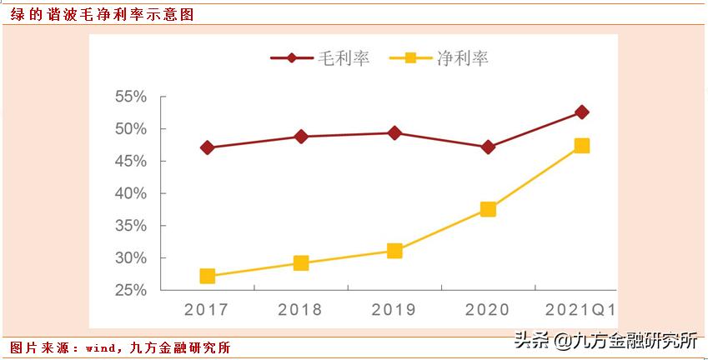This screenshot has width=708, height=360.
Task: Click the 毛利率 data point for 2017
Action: tap(208, 147)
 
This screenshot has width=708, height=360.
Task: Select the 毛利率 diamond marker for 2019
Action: tap(394, 132)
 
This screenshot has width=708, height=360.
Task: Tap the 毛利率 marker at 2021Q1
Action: tap(582, 112)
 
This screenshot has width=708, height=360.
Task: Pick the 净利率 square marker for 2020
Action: tap(488, 209)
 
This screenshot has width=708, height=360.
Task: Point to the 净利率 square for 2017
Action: tap(208, 276)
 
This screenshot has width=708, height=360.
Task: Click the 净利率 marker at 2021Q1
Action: tap(582, 146)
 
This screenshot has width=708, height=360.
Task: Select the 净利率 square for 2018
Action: tap(301, 263)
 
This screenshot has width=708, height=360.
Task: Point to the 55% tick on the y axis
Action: tap(130, 97)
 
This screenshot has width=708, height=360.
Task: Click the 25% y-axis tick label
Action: tap(130, 291)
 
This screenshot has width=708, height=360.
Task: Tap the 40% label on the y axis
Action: tap(130, 194)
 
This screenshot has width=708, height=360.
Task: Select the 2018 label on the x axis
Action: tap(300, 310)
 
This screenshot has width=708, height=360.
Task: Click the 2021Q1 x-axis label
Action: tap(581, 310)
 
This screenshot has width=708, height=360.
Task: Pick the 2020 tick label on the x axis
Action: tap(487, 310)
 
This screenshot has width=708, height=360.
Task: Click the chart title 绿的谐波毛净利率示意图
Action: tap(103, 15)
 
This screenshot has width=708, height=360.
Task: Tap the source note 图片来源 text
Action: tap(120, 347)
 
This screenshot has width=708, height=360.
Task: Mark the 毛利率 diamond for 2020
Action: tap(488, 147)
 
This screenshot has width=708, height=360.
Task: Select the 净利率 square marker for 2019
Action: tap(394, 251)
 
